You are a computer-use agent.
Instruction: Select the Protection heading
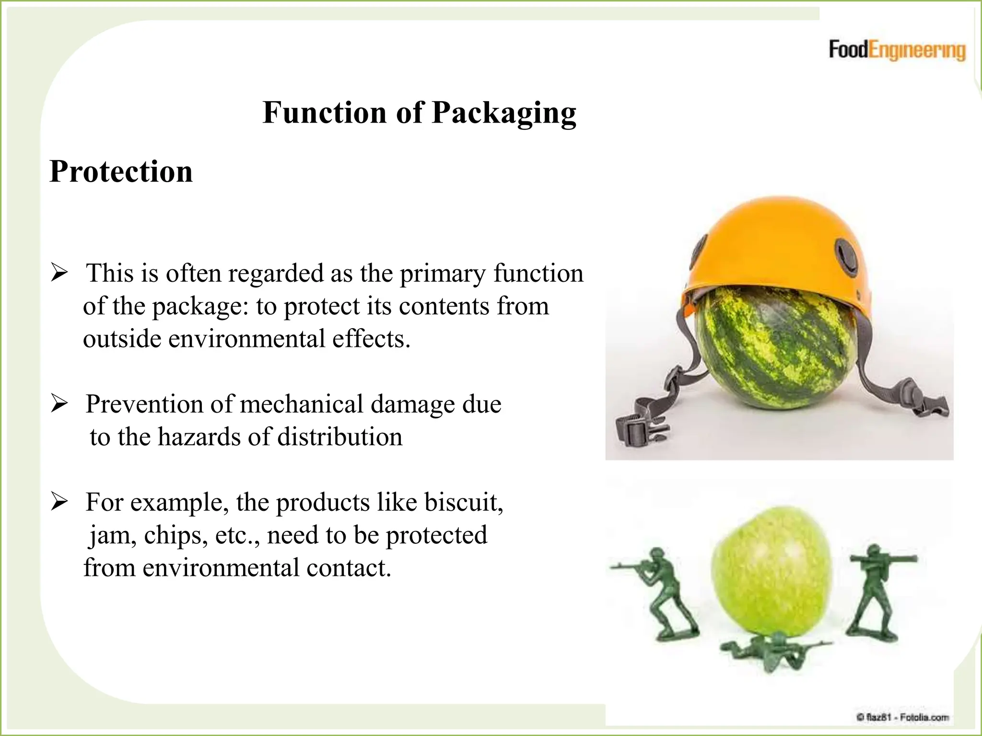(121, 172)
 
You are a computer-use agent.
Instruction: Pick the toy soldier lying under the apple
(772, 652)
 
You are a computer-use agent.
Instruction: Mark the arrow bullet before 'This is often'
(59, 274)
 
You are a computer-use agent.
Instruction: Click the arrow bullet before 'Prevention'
(59, 404)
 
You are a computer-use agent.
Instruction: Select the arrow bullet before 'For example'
(59, 502)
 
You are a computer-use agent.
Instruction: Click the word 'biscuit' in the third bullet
(463, 502)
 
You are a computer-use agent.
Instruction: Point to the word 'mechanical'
(302, 404)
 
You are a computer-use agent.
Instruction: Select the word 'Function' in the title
(325, 113)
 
